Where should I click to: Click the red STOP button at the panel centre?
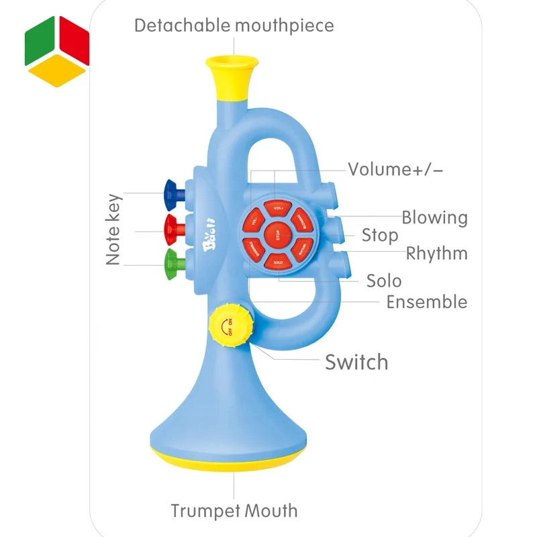click(277, 234)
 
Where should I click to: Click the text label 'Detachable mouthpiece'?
click(234, 26)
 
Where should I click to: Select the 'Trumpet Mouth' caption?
click(234, 511)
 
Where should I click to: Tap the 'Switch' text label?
click(356, 362)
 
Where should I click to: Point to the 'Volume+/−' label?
click(395, 169)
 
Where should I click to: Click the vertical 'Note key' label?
click(113, 230)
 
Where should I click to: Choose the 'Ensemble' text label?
click(426, 302)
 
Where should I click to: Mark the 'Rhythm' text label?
click(436, 254)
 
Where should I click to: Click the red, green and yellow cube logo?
click(57, 48)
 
